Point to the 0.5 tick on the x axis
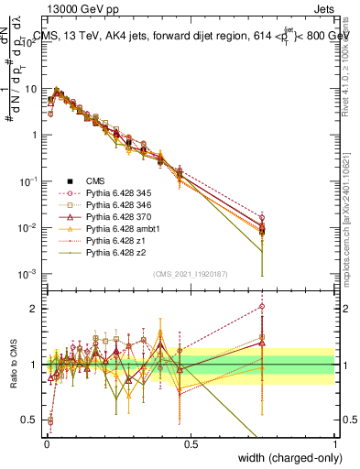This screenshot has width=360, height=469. [190, 444]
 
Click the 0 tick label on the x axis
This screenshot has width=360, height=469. [46, 444]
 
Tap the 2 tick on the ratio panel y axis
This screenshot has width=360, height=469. [34, 309]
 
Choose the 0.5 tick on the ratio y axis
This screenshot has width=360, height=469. [29, 420]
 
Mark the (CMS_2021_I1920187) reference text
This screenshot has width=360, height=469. [190, 274]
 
